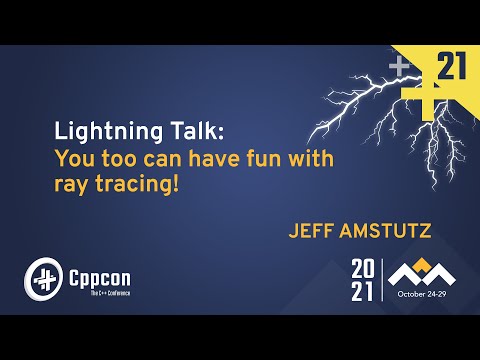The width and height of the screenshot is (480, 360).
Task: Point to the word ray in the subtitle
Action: pyautogui.click(x=69, y=184)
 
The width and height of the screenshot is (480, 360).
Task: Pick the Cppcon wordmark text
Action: pyautogui.click(x=100, y=273)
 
